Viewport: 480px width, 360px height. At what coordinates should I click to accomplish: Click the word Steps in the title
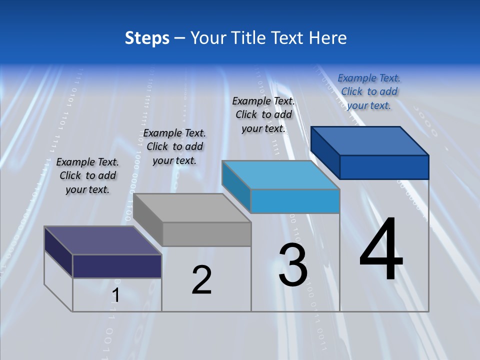[147, 38]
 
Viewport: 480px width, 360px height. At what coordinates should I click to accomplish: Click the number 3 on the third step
[293, 265]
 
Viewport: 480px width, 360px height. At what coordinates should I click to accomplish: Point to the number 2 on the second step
[201, 280]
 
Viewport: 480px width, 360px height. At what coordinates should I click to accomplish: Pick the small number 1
[115, 295]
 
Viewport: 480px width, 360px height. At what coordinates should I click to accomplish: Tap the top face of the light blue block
[280, 175]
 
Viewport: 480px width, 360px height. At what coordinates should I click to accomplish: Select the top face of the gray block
[192, 208]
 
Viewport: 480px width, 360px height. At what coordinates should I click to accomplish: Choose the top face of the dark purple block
[103, 240]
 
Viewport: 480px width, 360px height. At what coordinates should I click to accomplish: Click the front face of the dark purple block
[117, 266]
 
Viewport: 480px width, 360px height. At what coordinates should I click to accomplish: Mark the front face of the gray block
[206, 234]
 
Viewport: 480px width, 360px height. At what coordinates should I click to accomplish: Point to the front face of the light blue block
[295, 201]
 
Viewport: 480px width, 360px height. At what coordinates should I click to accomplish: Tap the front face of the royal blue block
[384, 167]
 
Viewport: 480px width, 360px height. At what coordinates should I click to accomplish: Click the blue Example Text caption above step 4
[369, 91]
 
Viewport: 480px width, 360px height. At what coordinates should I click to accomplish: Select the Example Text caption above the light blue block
[263, 114]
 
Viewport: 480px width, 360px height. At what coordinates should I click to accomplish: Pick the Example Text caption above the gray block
[174, 146]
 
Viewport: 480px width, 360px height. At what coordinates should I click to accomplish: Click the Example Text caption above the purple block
[87, 175]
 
